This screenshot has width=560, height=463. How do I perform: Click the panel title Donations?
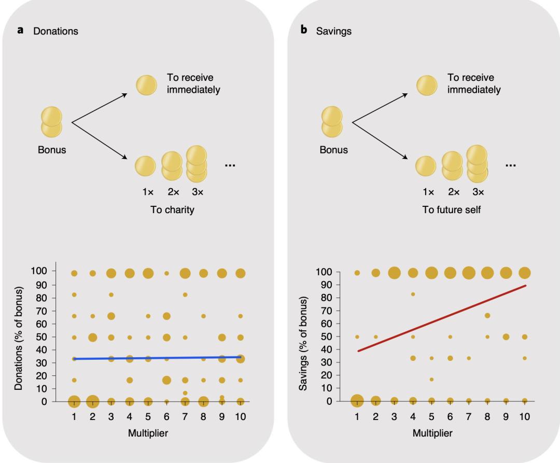[x=55, y=31]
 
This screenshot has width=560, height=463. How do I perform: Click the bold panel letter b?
[x=304, y=31]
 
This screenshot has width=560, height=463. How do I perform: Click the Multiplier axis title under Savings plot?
[x=432, y=433]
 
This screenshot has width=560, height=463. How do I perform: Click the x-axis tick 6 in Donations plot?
[x=166, y=417]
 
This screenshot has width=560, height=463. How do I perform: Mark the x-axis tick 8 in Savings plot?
[x=487, y=417]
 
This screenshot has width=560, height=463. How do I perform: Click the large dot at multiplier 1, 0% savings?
[x=357, y=401]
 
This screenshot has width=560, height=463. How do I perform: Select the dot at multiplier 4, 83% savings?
[x=413, y=294]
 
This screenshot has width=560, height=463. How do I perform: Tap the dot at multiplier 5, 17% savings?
[x=431, y=380]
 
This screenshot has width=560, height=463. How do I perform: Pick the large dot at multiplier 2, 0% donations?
[x=93, y=401]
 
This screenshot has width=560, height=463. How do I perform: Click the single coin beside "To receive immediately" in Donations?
[x=146, y=85]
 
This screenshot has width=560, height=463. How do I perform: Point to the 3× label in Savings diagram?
[x=478, y=192]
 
